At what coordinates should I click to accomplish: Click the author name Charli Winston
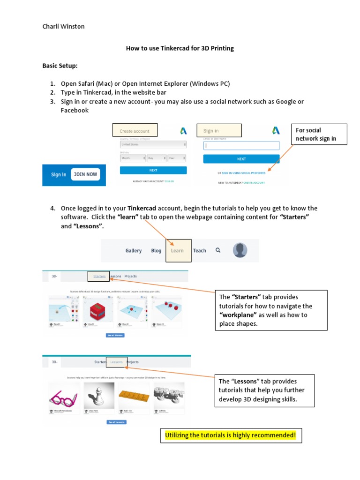(64, 26)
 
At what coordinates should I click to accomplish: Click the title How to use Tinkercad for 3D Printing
(180, 48)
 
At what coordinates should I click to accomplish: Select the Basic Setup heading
(60, 66)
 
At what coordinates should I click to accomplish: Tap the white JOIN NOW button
(85, 174)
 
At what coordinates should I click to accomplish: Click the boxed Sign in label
(222, 130)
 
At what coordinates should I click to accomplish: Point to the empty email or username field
(241, 146)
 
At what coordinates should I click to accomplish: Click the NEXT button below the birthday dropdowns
(153, 170)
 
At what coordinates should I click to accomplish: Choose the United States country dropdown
(153, 145)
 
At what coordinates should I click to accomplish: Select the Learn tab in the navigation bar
(178, 251)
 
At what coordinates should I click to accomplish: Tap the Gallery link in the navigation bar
(134, 251)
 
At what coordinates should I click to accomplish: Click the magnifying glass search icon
(217, 250)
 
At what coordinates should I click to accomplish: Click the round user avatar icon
(240, 250)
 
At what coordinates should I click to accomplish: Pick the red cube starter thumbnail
(96, 309)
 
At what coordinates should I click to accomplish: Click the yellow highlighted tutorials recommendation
(231, 435)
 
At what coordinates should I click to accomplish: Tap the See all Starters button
(116, 336)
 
